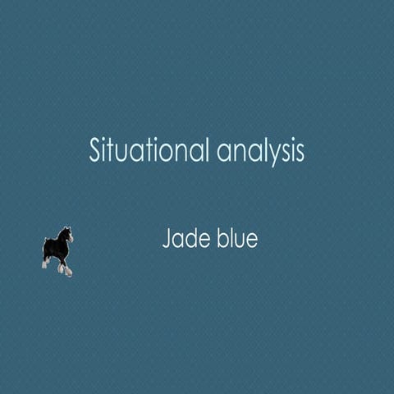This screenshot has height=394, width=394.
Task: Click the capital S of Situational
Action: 95,151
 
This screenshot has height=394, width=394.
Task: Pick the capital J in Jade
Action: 167,240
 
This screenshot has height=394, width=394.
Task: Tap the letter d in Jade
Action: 189,239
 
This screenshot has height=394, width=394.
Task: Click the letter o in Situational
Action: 157,153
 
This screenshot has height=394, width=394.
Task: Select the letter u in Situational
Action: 121,153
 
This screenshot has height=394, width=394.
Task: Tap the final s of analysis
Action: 300,153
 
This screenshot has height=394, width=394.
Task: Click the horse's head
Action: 68,236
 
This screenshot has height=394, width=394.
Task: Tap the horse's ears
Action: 66,229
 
